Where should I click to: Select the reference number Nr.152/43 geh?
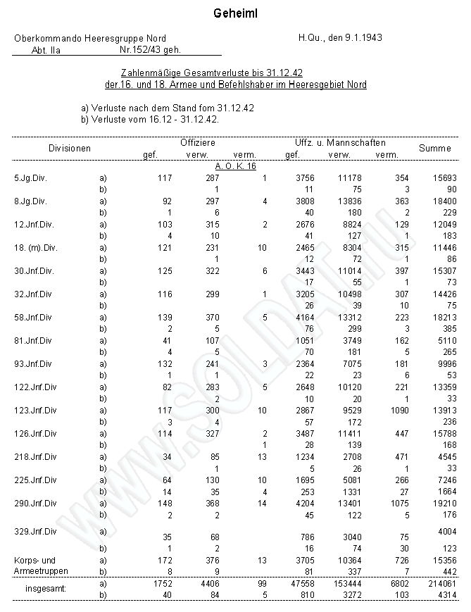[151, 50]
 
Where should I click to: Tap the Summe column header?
[435, 148]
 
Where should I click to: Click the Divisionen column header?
[70, 148]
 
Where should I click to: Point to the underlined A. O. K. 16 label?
[235, 166]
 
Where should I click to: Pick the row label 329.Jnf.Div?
[35, 530]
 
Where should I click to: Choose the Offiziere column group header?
[198, 142]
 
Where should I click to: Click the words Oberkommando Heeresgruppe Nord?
[90, 38]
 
